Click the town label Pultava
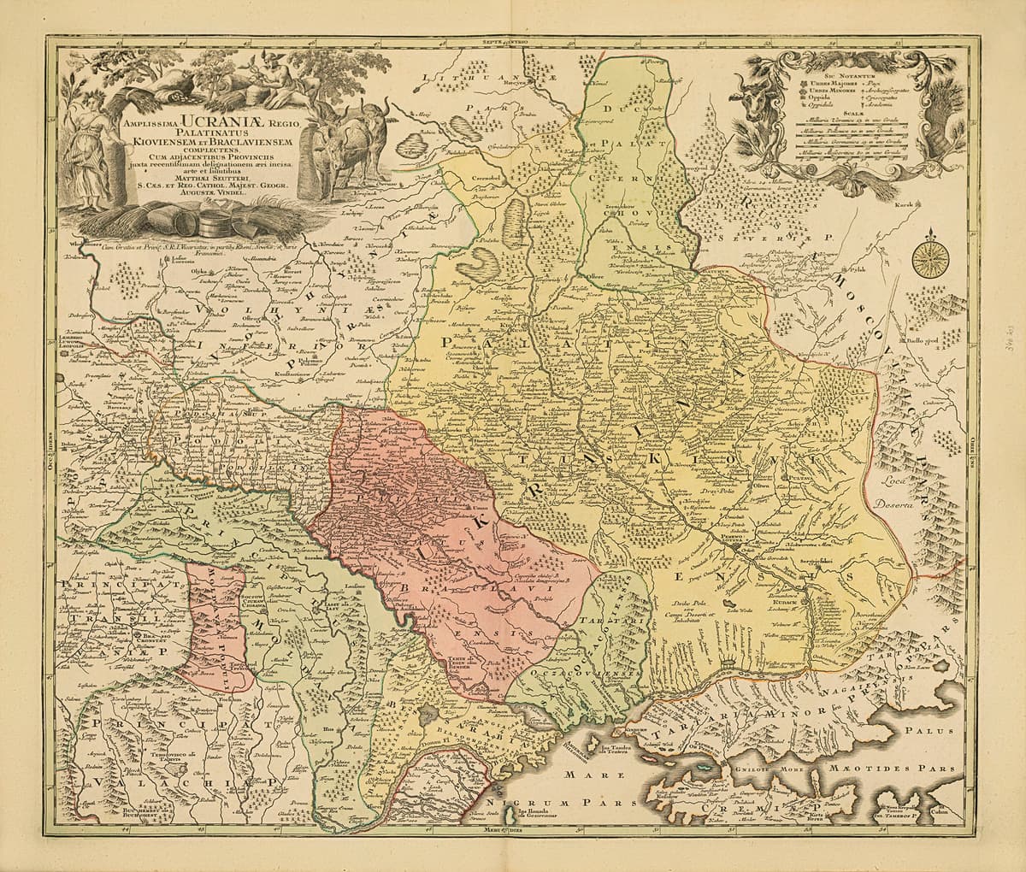(x=799, y=480)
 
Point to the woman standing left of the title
(x=89, y=154)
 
